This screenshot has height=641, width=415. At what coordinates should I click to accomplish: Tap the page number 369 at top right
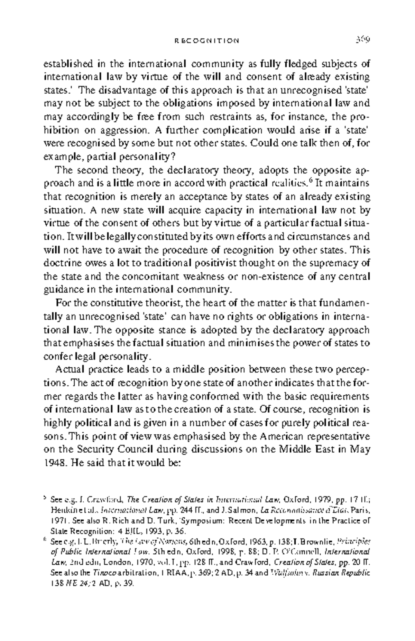[x=363, y=40]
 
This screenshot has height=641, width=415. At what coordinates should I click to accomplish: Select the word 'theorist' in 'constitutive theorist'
[x=166, y=303]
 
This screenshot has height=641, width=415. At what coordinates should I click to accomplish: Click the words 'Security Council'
[x=115, y=449]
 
